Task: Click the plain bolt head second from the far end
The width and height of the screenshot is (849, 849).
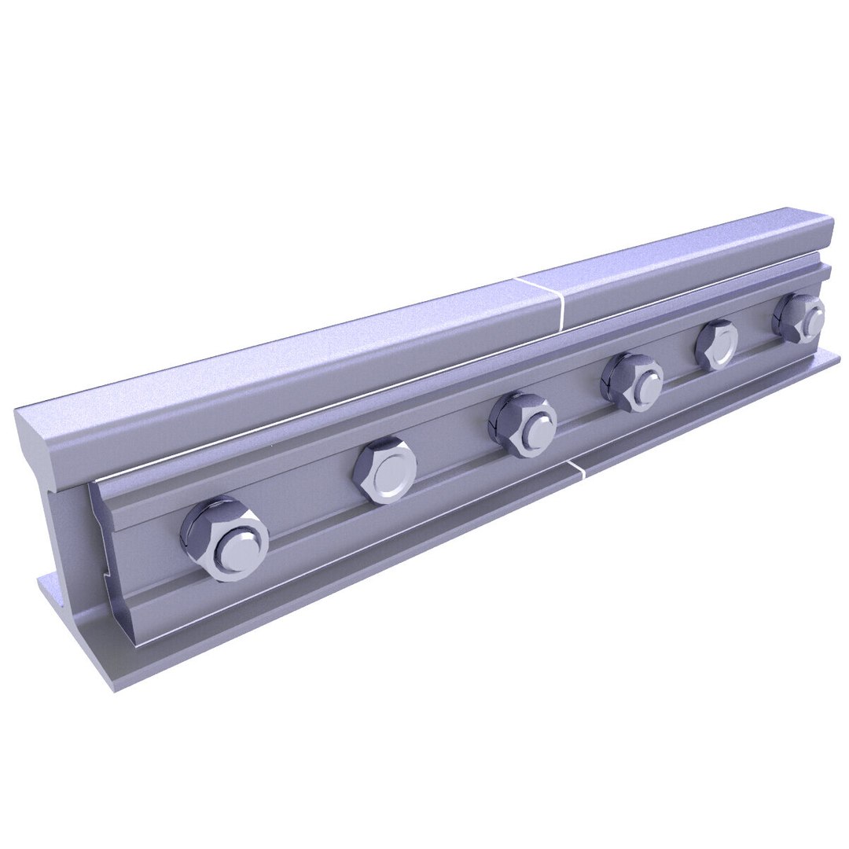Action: (717, 344)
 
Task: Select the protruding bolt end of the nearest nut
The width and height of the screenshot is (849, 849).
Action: (240, 548)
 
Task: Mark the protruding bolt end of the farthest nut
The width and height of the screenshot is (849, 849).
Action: (811, 322)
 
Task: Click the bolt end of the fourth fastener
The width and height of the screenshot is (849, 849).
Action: (646, 385)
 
